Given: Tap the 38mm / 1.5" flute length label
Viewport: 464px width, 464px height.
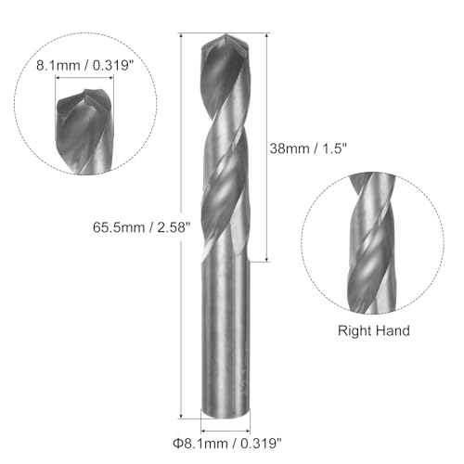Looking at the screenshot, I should tap(308, 147).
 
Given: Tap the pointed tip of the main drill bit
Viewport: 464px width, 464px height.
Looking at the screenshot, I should tap(221, 38).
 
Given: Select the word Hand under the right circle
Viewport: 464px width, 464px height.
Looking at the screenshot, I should tap(393, 329).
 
